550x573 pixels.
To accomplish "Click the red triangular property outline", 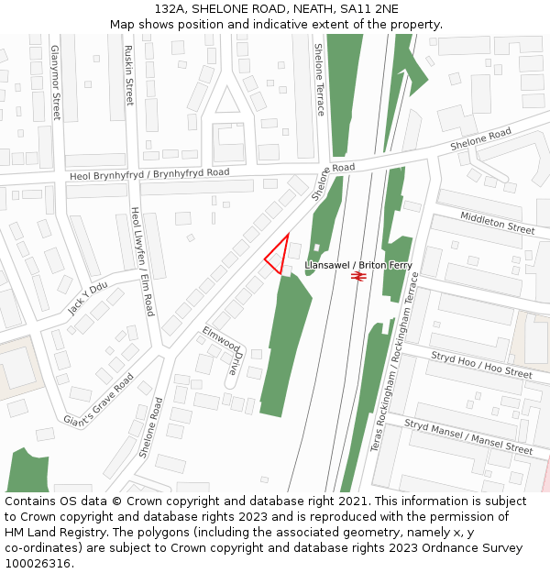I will (279, 254).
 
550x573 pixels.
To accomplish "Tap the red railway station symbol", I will (358, 273).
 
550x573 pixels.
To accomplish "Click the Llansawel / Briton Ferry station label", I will (358, 265).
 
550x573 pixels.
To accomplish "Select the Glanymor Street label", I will (56, 83).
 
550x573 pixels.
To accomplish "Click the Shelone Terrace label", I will (319, 80).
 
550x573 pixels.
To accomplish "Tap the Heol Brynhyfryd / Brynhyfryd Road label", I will (149, 173).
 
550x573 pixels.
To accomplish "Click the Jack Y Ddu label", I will (88, 297).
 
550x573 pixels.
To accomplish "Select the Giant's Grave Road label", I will (98, 400).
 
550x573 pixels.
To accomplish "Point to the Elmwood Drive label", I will (223, 350).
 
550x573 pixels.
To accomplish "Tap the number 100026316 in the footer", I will (38, 563).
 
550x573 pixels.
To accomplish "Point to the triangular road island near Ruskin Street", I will (227, 100).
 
